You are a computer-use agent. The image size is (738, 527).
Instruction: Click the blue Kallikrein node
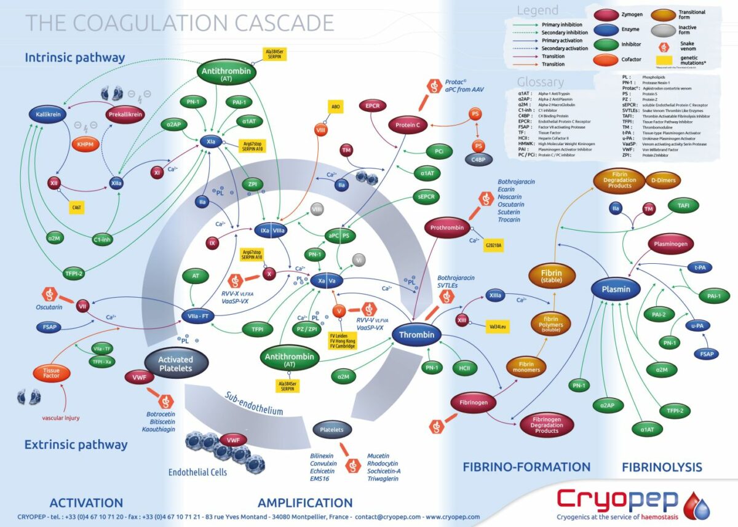49,114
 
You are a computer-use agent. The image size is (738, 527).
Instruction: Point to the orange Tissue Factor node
52,373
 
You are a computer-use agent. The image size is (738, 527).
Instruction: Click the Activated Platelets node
176,364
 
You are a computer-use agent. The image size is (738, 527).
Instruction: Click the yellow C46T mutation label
77,208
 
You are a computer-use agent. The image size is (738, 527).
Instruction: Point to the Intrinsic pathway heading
75,58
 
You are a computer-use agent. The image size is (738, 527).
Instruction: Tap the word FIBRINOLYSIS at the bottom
662,467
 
